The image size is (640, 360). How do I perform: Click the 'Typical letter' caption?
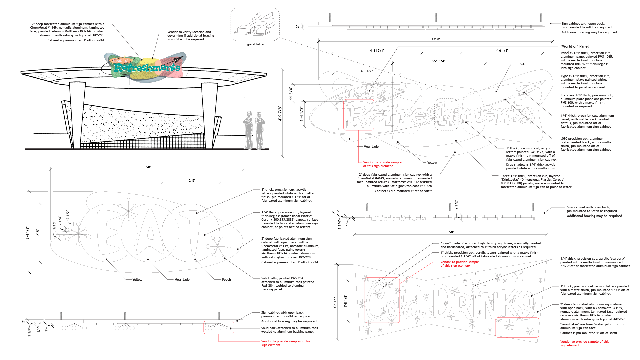pyautogui.click(x=255, y=44)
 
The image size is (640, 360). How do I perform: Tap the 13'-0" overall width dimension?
pyautogui.click(x=436, y=39)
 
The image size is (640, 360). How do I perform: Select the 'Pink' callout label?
pyautogui.click(x=522, y=64)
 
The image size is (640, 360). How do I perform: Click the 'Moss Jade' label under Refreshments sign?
pyautogui.click(x=371, y=147)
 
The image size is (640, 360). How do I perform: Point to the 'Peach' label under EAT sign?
pyautogui.click(x=226, y=280)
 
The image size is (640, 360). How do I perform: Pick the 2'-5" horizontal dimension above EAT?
pyautogui.click(x=192, y=181)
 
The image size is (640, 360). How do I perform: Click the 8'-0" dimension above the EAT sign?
pyautogui.click(x=148, y=167)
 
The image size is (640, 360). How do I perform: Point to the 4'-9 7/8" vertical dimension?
pyautogui.click(x=280, y=114)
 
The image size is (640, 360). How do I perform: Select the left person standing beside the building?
pyautogui.click(x=248, y=130)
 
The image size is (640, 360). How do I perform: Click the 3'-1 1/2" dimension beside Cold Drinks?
pyautogui.click(x=335, y=302)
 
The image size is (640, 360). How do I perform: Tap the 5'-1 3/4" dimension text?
pyautogui.click(x=439, y=61)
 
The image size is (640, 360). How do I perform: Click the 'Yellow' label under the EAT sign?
pyautogui.click(x=137, y=280)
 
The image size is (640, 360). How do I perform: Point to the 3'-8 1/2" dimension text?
pyautogui.click(x=366, y=71)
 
